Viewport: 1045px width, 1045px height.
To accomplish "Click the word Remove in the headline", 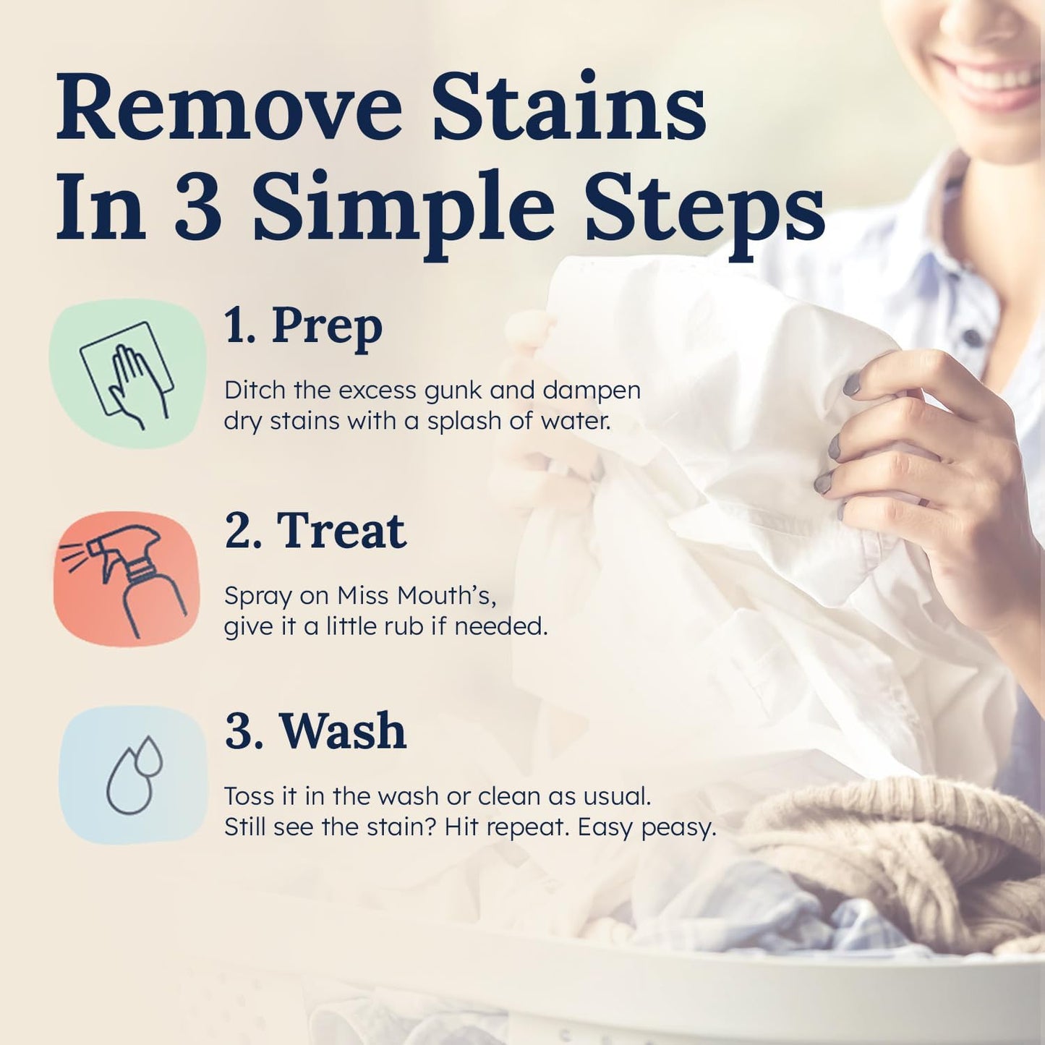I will pyautogui.click(x=229, y=108).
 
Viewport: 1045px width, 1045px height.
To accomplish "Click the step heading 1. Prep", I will pyautogui.click(x=303, y=327).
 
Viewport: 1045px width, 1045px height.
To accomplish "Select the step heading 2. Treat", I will pyautogui.click(x=315, y=531).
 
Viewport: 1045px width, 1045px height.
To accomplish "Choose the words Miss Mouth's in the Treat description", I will pyautogui.click(x=417, y=596).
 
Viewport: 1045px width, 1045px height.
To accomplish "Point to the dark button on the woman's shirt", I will pyautogui.click(x=973, y=337).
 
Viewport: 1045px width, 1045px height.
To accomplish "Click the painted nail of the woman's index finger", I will pyautogui.click(x=852, y=384).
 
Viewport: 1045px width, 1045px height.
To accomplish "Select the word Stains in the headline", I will pyautogui.click(x=568, y=108).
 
